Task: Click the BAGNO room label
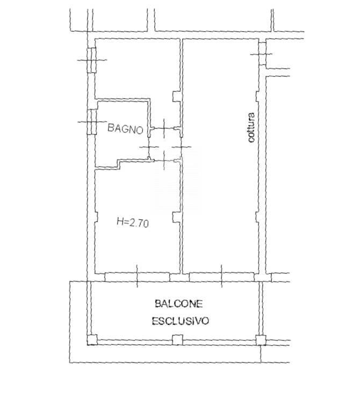[x=125, y=128]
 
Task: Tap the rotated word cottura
[x=251, y=127]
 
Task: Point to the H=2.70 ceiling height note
[x=133, y=222]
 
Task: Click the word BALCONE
[x=179, y=303]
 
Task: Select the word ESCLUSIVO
[x=181, y=321]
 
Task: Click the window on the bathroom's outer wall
[x=92, y=122]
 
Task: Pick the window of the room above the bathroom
[x=92, y=60]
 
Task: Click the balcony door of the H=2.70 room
[x=137, y=277]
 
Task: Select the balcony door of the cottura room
[x=221, y=277]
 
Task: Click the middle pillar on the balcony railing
[x=177, y=340]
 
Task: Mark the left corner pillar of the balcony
[x=92, y=340]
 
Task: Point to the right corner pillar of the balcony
[x=261, y=340]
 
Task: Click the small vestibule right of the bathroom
[x=165, y=144]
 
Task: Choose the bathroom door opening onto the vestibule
[x=148, y=144]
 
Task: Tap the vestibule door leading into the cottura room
[x=181, y=147]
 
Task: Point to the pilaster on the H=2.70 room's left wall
[x=96, y=216]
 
